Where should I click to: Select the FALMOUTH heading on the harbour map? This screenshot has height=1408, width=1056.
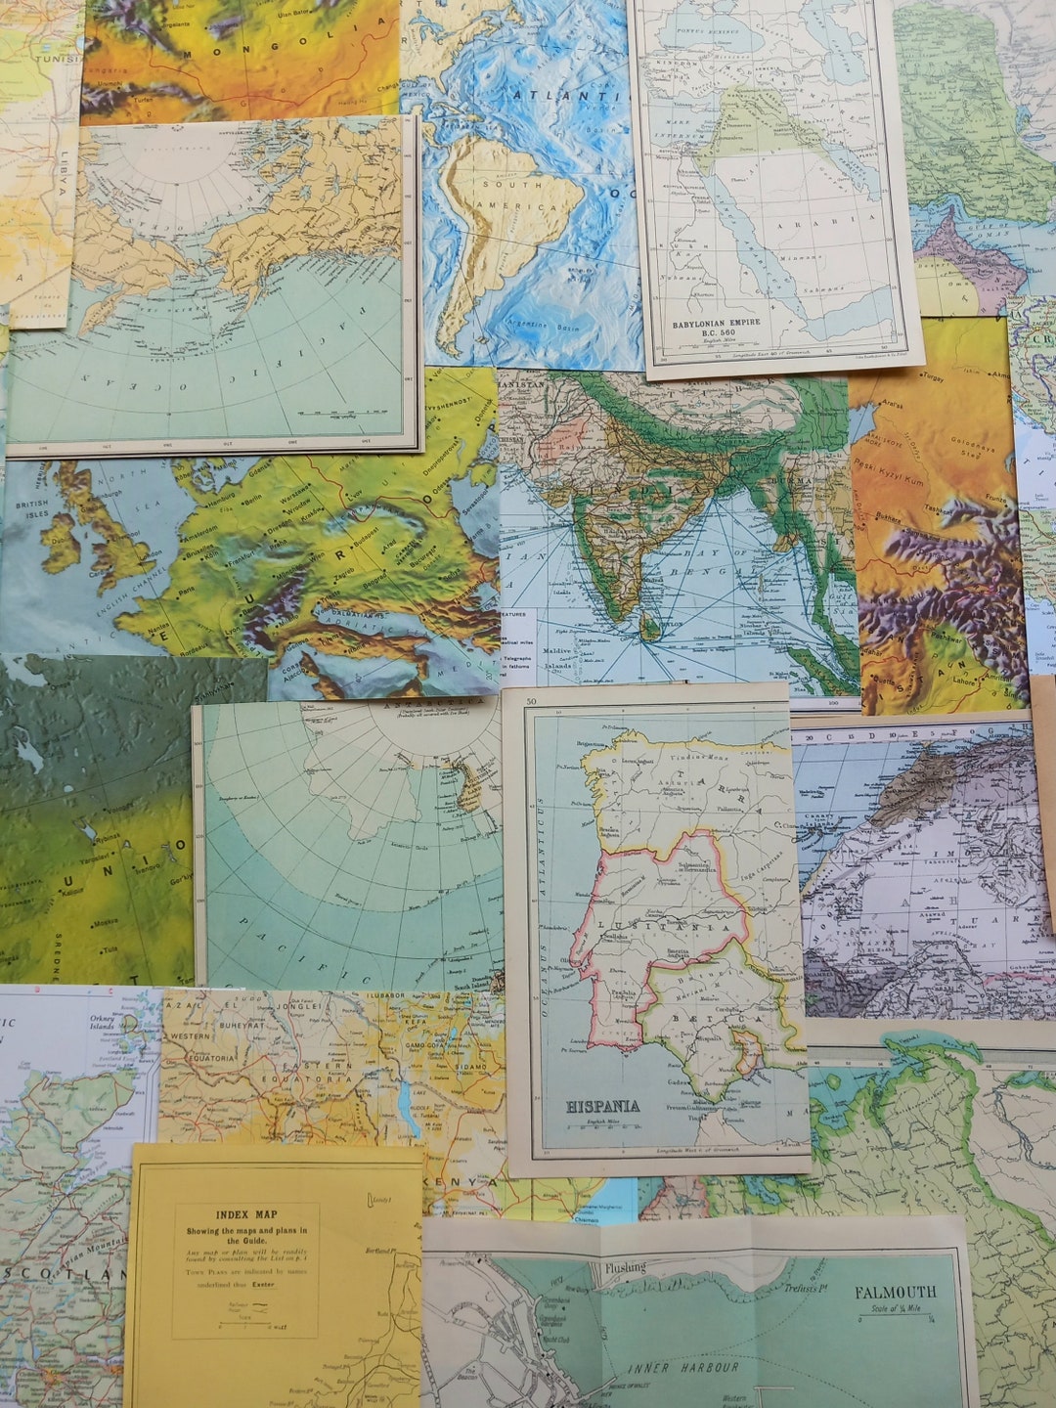pos(895,1292)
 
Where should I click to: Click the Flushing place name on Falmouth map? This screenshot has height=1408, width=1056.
pos(625,1268)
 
